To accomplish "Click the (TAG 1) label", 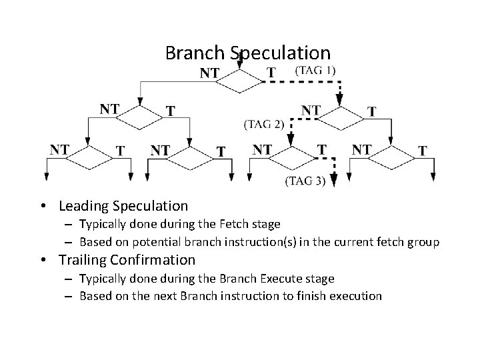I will (x=315, y=69).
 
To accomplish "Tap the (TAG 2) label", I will (x=263, y=123).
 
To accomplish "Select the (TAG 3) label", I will (x=305, y=180).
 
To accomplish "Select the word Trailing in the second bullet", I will (x=83, y=260).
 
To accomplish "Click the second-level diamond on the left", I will (x=140, y=118).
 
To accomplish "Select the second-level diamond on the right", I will (x=341, y=118).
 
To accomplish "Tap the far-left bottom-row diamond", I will (x=89, y=159).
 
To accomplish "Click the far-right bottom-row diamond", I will (x=391, y=159).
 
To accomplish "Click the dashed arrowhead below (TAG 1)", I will (x=340, y=101).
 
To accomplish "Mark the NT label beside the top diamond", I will (x=210, y=73).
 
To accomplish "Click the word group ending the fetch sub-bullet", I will (x=424, y=242).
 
